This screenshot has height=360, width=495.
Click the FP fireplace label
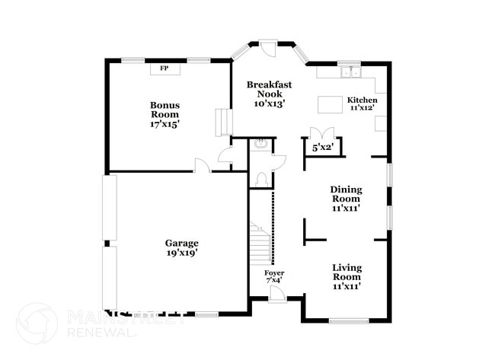pyautogui.click(x=164, y=68)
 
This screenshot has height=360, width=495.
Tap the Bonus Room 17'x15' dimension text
pyautogui.click(x=164, y=124)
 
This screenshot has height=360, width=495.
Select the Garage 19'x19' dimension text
pyautogui.click(x=182, y=253)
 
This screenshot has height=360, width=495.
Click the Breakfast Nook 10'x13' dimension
pyautogui.click(x=270, y=104)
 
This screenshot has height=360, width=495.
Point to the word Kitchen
pyautogui.click(x=362, y=100)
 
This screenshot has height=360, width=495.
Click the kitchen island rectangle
pyautogui.click(x=330, y=104)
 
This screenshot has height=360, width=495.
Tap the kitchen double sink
pyautogui.click(x=351, y=72)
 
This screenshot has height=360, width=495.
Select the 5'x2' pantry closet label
pyautogui.click(x=323, y=147)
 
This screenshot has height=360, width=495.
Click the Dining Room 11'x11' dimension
pyautogui.click(x=346, y=209)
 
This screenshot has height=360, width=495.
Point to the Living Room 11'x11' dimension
pyautogui.click(x=346, y=286)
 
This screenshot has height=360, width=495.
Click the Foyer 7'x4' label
pyautogui.click(x=274, y=276)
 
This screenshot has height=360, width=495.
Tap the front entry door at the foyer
pyautogui.click(x=278, y=294)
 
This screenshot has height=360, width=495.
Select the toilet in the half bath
pyautogui.click(x=262, y=180)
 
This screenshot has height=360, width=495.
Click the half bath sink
pyautogui.click(x=261, y=144)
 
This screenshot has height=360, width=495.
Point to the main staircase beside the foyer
pyautogui.click(x=260, y=243)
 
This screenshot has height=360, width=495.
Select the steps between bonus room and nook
pyautogui.click(x=224, y=123)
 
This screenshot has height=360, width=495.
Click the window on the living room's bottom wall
pyautogui.click(x=349, y=321)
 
